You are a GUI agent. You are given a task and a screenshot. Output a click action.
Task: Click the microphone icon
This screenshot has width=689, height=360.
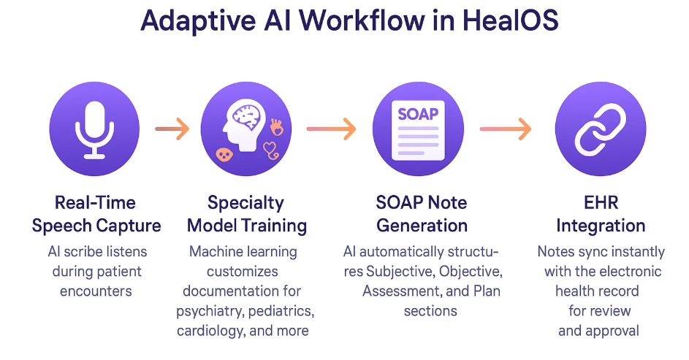pos(94,129)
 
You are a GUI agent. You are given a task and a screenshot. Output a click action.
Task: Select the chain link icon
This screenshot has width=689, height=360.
pos(600,128)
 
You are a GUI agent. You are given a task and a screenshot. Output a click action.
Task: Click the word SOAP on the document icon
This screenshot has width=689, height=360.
pos(417,115)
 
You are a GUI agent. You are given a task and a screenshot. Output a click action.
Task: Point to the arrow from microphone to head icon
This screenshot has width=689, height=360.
pos(172,129)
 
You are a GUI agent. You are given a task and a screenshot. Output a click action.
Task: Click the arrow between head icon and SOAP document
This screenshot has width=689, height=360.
pos(331,129)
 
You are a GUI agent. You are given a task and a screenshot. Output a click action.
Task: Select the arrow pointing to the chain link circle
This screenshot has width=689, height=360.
pos(505,129)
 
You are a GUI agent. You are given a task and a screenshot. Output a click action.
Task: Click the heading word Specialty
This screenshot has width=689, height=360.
pos(245,202)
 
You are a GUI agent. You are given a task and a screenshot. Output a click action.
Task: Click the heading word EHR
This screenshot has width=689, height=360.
pos(601,202)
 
